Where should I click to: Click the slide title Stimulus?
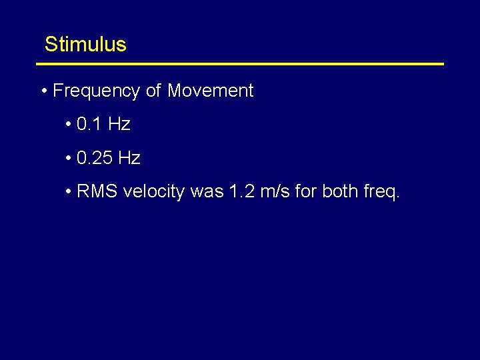[85, 45]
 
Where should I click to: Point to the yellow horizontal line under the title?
[240, 64]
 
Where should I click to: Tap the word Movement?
[210, 91]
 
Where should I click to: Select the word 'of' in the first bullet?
[153, 91]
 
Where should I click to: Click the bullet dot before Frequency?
[43, 91]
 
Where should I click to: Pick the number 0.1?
[89, 125]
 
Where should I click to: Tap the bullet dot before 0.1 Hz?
[69, 125]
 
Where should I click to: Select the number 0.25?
[95, 158]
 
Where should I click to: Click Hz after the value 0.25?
[129, 158]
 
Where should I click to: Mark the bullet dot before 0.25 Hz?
[69, 158]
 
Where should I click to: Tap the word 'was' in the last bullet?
[207, 192]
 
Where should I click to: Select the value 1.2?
[241, 192]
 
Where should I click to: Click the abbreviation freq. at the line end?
[382, 192]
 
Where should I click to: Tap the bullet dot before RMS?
[69, 192]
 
